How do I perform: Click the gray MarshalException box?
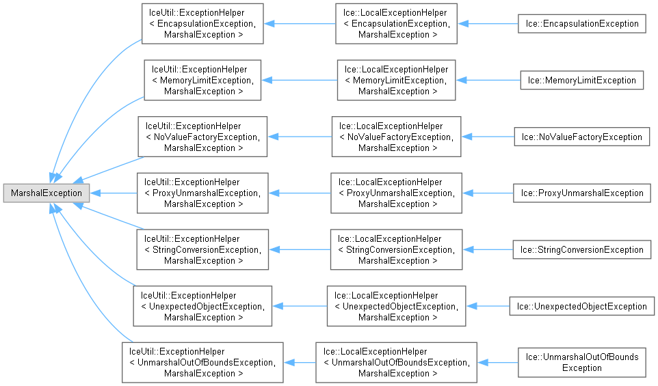(x=46, y=193)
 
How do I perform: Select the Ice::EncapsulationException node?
(x=582, y=23)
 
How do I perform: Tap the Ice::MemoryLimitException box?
(x=582, y=80)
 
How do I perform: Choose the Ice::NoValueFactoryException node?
(x=581, y=137)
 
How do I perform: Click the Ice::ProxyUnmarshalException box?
(x=581, y=193)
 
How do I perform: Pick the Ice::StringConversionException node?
(x=581, y=250)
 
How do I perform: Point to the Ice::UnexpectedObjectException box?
(x=581, y=307)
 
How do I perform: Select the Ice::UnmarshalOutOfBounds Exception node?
(x=581, y=363)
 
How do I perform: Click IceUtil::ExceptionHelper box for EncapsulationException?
(x=202, y=23)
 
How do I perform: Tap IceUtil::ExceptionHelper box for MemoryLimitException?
(x=202, y=80)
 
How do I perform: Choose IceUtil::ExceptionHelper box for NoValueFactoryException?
(x=202, y=137)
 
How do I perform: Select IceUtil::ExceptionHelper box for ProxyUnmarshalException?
(x=202, y=193)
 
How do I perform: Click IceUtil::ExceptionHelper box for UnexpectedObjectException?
(x=202, y=307)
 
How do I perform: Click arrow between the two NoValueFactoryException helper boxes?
(x=300, y=137)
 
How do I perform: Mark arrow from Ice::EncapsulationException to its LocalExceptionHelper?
(x=488, y=23)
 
